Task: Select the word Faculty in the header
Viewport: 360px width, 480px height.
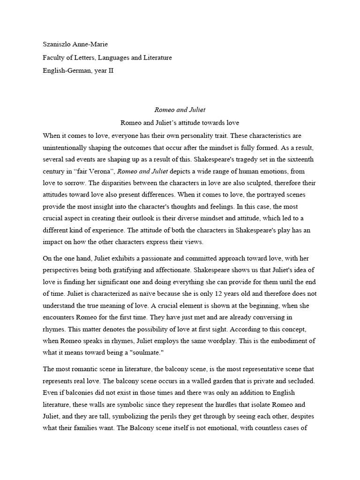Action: point(55,58)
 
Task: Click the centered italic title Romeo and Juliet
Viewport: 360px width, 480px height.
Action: point(180,110)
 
